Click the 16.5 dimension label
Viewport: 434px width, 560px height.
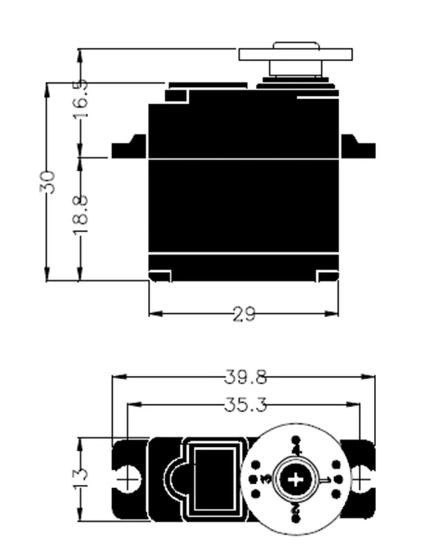[80, 99]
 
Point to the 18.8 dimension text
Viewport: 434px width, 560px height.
[80, 215]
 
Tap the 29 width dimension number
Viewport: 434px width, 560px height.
[244, 314]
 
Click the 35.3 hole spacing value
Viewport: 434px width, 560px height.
[245, 404]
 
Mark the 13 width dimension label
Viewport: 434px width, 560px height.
[81, 478]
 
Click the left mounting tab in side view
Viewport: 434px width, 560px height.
[129, 147]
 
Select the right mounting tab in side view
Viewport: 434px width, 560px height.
[357, 147]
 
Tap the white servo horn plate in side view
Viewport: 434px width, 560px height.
[296, 55]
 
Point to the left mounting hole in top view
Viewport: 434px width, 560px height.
[127, 479]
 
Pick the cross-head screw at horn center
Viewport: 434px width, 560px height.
[296, 480]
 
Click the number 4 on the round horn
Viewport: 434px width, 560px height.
[296, 450]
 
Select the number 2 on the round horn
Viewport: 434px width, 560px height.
[296, 509]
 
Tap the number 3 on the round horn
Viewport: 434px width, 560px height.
[266, 480]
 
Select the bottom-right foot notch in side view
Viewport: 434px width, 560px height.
[327, 275]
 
